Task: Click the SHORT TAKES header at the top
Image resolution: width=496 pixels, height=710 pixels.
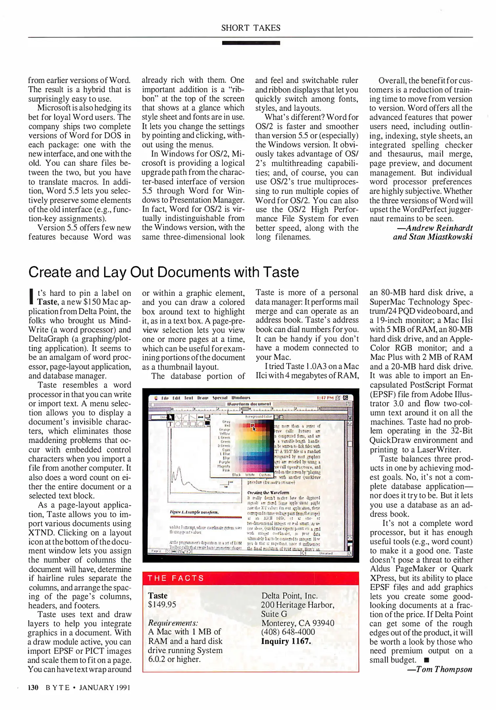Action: point(250,28)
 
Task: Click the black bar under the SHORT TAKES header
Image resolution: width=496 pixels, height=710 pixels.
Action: point(250,43)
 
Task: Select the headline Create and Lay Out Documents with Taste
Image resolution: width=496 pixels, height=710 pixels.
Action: point(163,272)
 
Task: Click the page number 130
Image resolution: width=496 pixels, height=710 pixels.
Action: point(33,688)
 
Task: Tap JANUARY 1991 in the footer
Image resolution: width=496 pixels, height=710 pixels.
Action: point(105,688)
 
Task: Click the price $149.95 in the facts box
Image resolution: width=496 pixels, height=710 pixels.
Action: point(162,604)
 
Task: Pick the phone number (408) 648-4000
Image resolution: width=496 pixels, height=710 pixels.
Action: point(288,632)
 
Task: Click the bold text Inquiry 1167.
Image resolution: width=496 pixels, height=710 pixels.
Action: point(286,641)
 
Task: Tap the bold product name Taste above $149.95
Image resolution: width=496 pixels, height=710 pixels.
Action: point(158,595)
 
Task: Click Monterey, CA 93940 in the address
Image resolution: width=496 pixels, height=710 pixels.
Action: point(297,623)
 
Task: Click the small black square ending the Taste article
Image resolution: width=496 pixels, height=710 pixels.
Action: point(426,660)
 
